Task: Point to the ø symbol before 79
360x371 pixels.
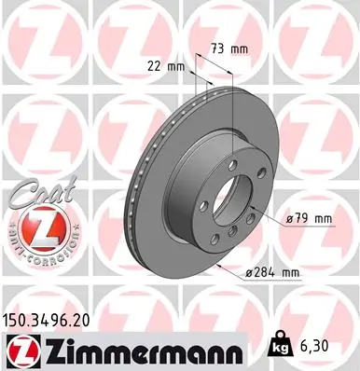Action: pos(289,219)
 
